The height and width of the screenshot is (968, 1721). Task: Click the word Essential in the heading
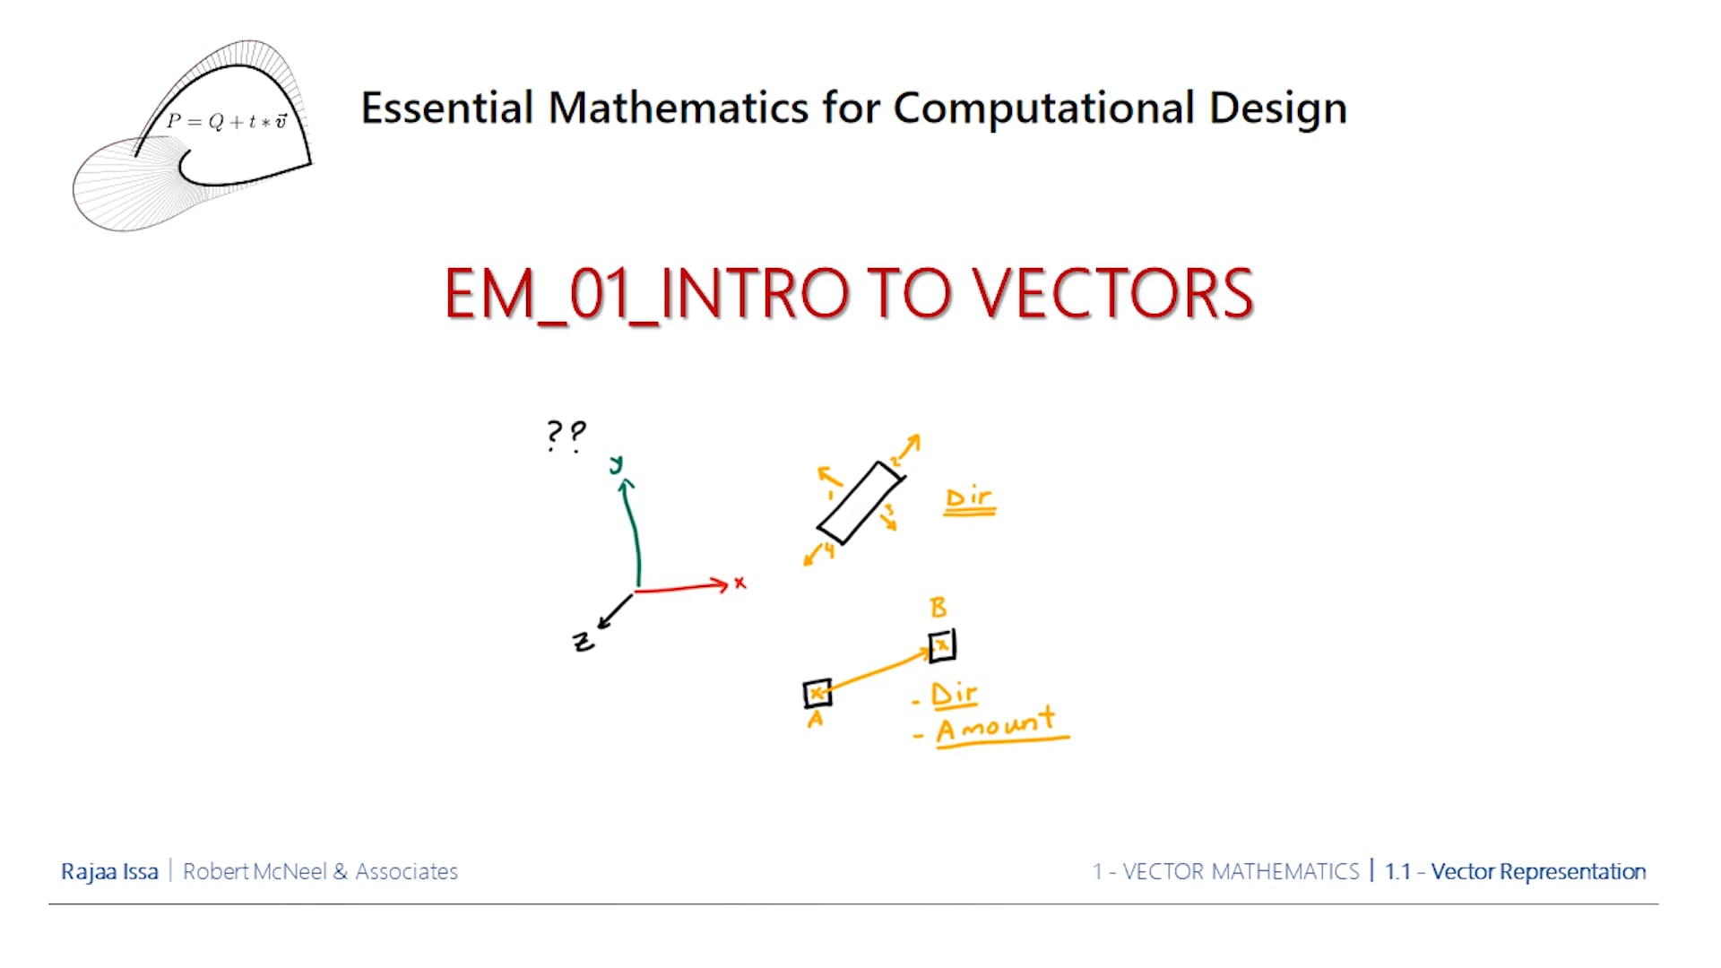pos(447,108)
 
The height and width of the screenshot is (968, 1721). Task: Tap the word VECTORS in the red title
pos(1112,294)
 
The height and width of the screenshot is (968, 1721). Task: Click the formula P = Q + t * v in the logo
pos(228,121)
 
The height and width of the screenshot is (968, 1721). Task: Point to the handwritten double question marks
pos(566,436)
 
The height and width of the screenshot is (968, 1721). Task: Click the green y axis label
pos(616,464)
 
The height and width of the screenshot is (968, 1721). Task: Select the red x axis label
pos(739,583)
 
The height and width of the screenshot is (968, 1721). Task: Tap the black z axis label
pos(583,642)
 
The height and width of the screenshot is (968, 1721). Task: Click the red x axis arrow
pos(681,588)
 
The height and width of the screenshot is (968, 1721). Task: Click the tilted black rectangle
pos(860,502)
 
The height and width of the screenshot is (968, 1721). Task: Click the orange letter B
pos(938,608)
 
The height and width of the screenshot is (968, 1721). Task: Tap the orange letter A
pos(815,719)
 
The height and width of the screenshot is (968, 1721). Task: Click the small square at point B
pos(942,645)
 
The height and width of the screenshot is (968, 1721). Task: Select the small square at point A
pos(817,694)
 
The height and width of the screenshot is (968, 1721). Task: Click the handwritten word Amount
pos(995,724)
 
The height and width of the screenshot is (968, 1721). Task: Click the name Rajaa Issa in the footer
pos(109,871)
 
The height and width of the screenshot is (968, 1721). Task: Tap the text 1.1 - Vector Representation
pos(1515,871)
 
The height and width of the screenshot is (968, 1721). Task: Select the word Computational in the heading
pos(1044,108)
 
